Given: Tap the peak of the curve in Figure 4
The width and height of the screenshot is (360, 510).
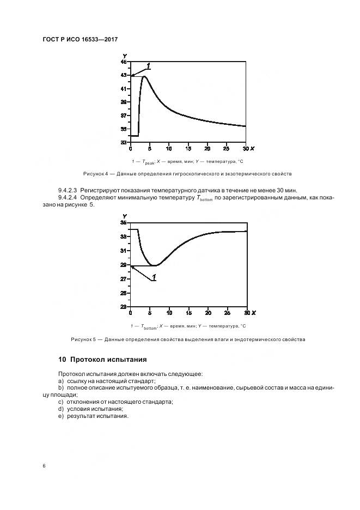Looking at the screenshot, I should pos(144,76).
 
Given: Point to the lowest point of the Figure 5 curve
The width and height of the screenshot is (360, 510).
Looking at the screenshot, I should pos(155,265).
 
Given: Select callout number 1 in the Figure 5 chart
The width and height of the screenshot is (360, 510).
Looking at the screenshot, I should pos(154,278).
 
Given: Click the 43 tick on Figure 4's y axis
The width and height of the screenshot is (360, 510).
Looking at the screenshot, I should pos(124,75).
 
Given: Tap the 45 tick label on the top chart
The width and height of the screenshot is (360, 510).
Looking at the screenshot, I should pos(124,62).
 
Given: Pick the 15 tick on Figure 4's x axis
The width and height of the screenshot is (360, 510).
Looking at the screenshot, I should pos(188,148).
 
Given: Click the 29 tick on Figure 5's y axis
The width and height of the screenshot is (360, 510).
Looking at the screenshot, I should pos(124,265).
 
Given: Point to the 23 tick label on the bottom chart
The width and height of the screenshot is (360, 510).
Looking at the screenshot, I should pos(124,307).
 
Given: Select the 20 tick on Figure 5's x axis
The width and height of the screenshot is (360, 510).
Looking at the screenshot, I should pos(208,313).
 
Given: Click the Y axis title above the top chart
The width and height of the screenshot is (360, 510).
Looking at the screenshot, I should pos(125,56).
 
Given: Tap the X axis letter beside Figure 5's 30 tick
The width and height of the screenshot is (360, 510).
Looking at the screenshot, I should pos(254,313).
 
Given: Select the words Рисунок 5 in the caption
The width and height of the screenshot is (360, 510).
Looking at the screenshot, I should pos(83,339).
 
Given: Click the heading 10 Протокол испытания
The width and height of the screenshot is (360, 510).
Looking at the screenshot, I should pos(102,360).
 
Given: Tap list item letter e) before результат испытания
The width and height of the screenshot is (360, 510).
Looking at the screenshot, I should pos(61,416).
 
